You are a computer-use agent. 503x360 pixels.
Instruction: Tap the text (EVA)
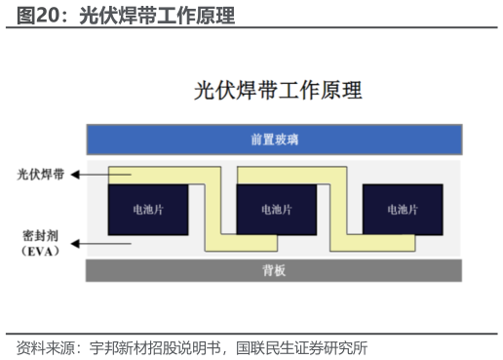41,251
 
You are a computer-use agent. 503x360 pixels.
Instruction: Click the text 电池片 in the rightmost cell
403,209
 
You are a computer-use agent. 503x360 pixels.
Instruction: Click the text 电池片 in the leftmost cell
147,209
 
